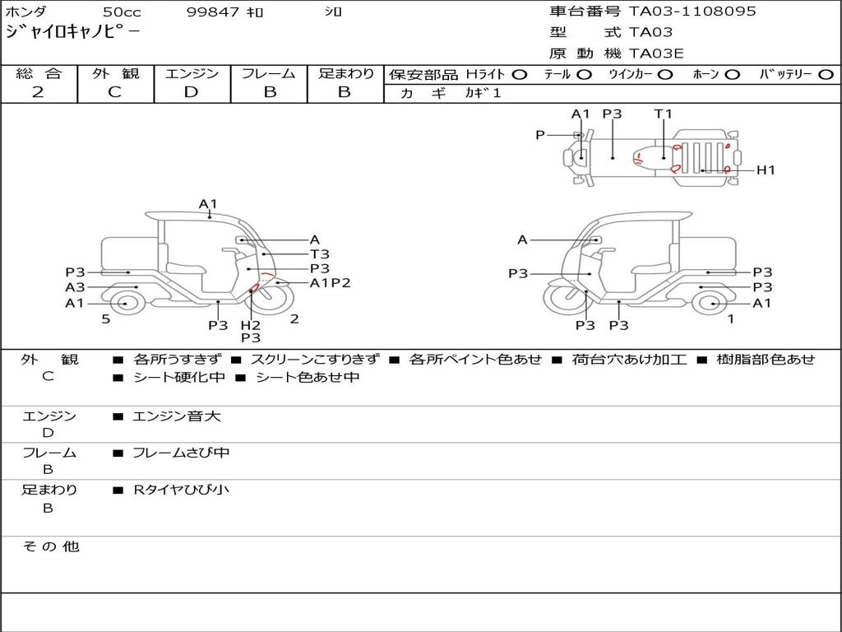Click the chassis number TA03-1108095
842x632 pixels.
pyautogui.click(x=692, y=12)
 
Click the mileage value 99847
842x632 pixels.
pyautogui.click(x=213, y=12)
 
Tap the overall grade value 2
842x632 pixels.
pyautogui.click(x=38, y=92)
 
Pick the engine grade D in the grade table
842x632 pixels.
pyautogui.click(x=191, y=92)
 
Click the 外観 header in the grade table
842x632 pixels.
pyautogui.click(x=115, y=73)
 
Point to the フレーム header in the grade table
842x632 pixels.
pyautogui.click(x=269, y=73)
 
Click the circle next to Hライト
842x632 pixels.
pyautogui.click(x=520, y=75)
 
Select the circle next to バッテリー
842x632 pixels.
pyautogui.click(x=826, y=75)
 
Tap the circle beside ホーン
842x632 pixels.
pyautogui.click(x=733, y=75)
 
